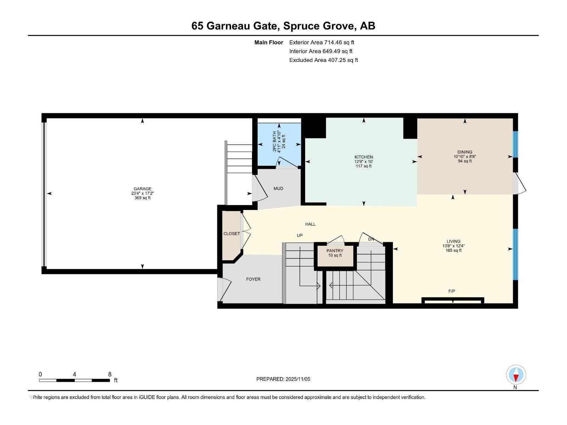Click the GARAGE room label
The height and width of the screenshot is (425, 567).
click(x=142, y=189)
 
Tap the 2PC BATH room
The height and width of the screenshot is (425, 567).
click(x=279, y=142)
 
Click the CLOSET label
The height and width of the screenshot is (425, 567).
click(x=231, y=234)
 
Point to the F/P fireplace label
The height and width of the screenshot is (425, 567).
click(x=451, y=291)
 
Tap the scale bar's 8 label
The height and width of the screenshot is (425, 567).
click(x=110, y=374)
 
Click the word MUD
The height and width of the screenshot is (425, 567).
click(x=278, y=188)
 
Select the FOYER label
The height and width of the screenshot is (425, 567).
click(x=253, y=279)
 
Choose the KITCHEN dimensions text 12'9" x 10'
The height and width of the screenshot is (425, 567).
click(x=364, y=161)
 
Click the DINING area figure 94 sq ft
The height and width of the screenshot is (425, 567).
click(x=465, y=161)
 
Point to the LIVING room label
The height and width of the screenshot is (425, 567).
click(x=453, y=241)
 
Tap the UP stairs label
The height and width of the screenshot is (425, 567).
click(x=299, y=235)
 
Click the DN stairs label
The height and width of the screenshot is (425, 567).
click(x=371, y=239)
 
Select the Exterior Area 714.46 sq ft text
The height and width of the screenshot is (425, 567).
click(x=321, y=42)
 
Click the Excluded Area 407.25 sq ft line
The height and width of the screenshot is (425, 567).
click(x=323, y=60)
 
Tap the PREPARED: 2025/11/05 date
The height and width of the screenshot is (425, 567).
click(x=283, y=379)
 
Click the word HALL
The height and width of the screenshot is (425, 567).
click(x=310, y=224)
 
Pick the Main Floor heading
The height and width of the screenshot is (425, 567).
click(x=269, y=42)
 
